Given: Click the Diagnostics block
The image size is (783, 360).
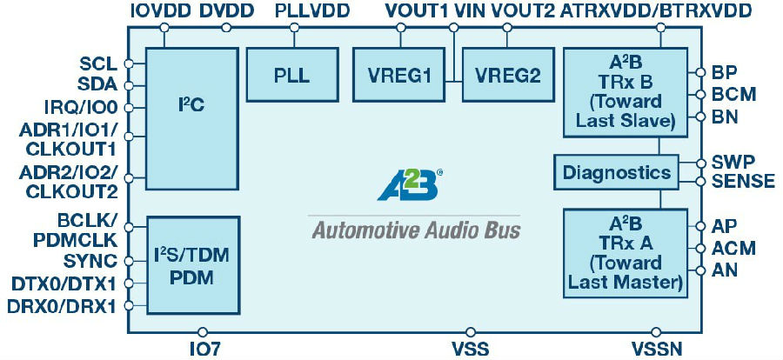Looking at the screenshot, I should coord(617,172).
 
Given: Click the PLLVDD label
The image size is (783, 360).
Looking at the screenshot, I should coord(312,11).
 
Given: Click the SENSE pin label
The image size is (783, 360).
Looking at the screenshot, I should coord(744,182).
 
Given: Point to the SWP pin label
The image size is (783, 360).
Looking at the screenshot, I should coord(733,163).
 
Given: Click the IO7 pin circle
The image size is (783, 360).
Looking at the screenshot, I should coord(202,331).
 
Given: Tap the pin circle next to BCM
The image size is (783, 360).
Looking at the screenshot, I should coord(701,94).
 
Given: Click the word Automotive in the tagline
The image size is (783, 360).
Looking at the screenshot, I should coord(363,230).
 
